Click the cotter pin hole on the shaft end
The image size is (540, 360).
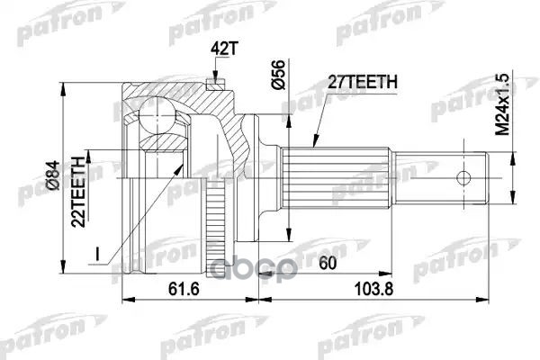point(468,175)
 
